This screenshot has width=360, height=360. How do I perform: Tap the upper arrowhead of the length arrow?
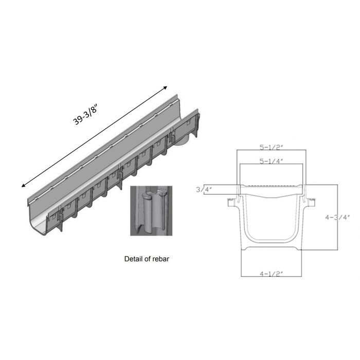(166, 88)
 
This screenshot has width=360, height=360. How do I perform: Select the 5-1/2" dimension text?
(271, 146)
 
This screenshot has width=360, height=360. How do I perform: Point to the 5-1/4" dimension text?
(271, 161)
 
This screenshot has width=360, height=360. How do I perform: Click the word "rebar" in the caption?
(159, 259)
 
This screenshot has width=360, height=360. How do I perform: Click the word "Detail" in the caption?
(134, 259)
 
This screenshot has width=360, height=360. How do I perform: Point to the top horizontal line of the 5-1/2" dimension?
(271, 150)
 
